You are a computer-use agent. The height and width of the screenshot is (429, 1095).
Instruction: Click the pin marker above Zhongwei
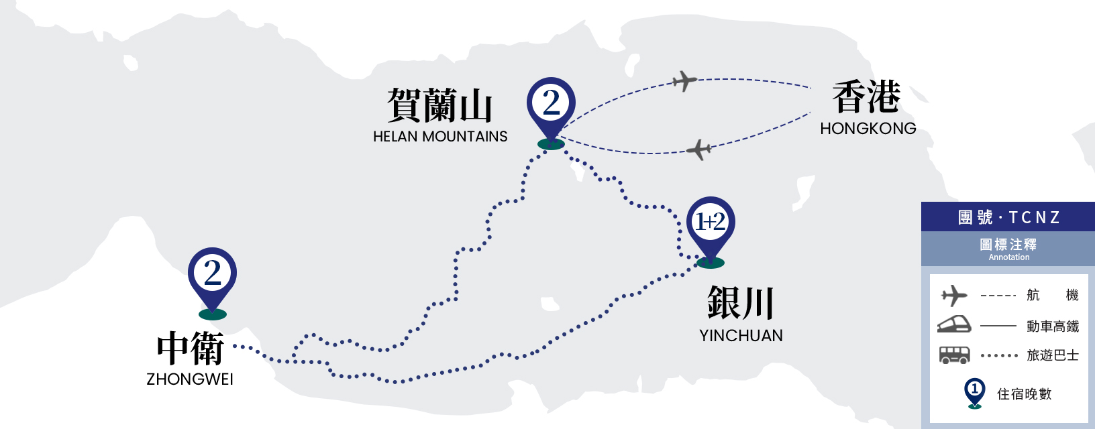click(x=212, y=281)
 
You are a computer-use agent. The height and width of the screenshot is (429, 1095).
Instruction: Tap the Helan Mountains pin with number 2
click(x=551, y=111)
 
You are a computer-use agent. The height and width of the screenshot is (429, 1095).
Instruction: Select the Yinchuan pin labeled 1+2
click(x=711, y=230)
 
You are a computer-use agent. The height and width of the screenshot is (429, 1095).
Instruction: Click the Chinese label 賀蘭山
click(x=439, y=105)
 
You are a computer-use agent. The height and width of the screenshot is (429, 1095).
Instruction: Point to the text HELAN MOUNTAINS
click(x=440, y=137)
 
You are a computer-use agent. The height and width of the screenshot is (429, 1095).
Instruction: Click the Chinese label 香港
click(x=866, y=97)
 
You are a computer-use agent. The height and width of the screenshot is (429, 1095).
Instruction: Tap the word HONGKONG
click(x=868, y=129)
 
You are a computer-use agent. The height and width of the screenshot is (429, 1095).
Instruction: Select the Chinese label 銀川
click(x=741, y=303)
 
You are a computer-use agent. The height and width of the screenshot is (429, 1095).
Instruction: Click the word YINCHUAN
click(x=741, y=336)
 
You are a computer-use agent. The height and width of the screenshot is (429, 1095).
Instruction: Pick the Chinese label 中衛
click(x=190, y=348)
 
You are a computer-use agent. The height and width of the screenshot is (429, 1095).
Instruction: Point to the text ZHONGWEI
click(x=190, y=379)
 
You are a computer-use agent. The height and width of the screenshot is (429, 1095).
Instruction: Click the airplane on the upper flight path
click(x=684, y=80)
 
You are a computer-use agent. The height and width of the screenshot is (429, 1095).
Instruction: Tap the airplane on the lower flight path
click(x=698, y=149)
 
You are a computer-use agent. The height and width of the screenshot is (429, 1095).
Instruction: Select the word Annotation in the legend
click(x=1009, y=257)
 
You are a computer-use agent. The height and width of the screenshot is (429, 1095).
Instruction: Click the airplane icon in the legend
click(x=953, y=296)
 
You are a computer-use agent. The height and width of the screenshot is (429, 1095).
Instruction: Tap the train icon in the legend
click(x=954, y=324)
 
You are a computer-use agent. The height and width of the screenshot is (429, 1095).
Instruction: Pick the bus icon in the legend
click(x=954, y=355)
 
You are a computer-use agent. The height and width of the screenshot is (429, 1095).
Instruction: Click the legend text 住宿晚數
click(x=1024, y=394)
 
